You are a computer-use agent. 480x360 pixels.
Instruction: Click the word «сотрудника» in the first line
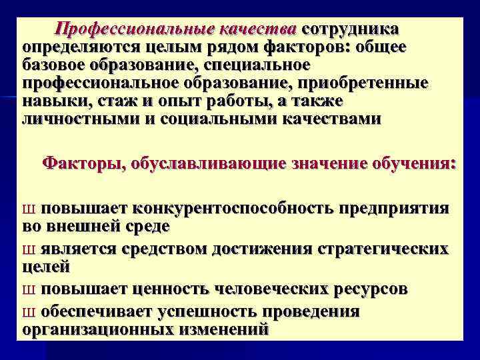point(351,30)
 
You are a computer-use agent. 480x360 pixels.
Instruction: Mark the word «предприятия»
point(395,209)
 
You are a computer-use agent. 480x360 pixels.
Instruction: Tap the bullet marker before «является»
point(28,251)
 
